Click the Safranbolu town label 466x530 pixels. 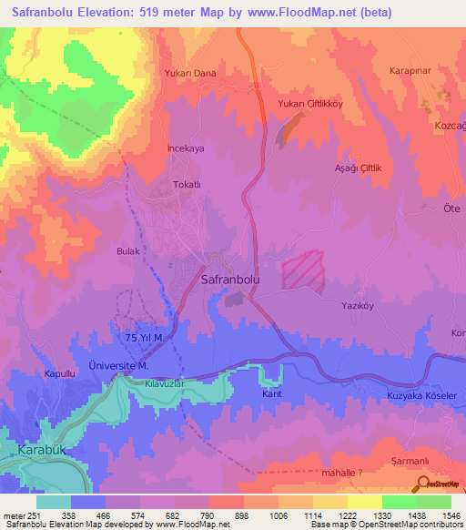tap(229, 281)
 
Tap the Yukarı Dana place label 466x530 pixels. tap(189, 73)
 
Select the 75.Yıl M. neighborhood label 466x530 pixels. tap(144, 338)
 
